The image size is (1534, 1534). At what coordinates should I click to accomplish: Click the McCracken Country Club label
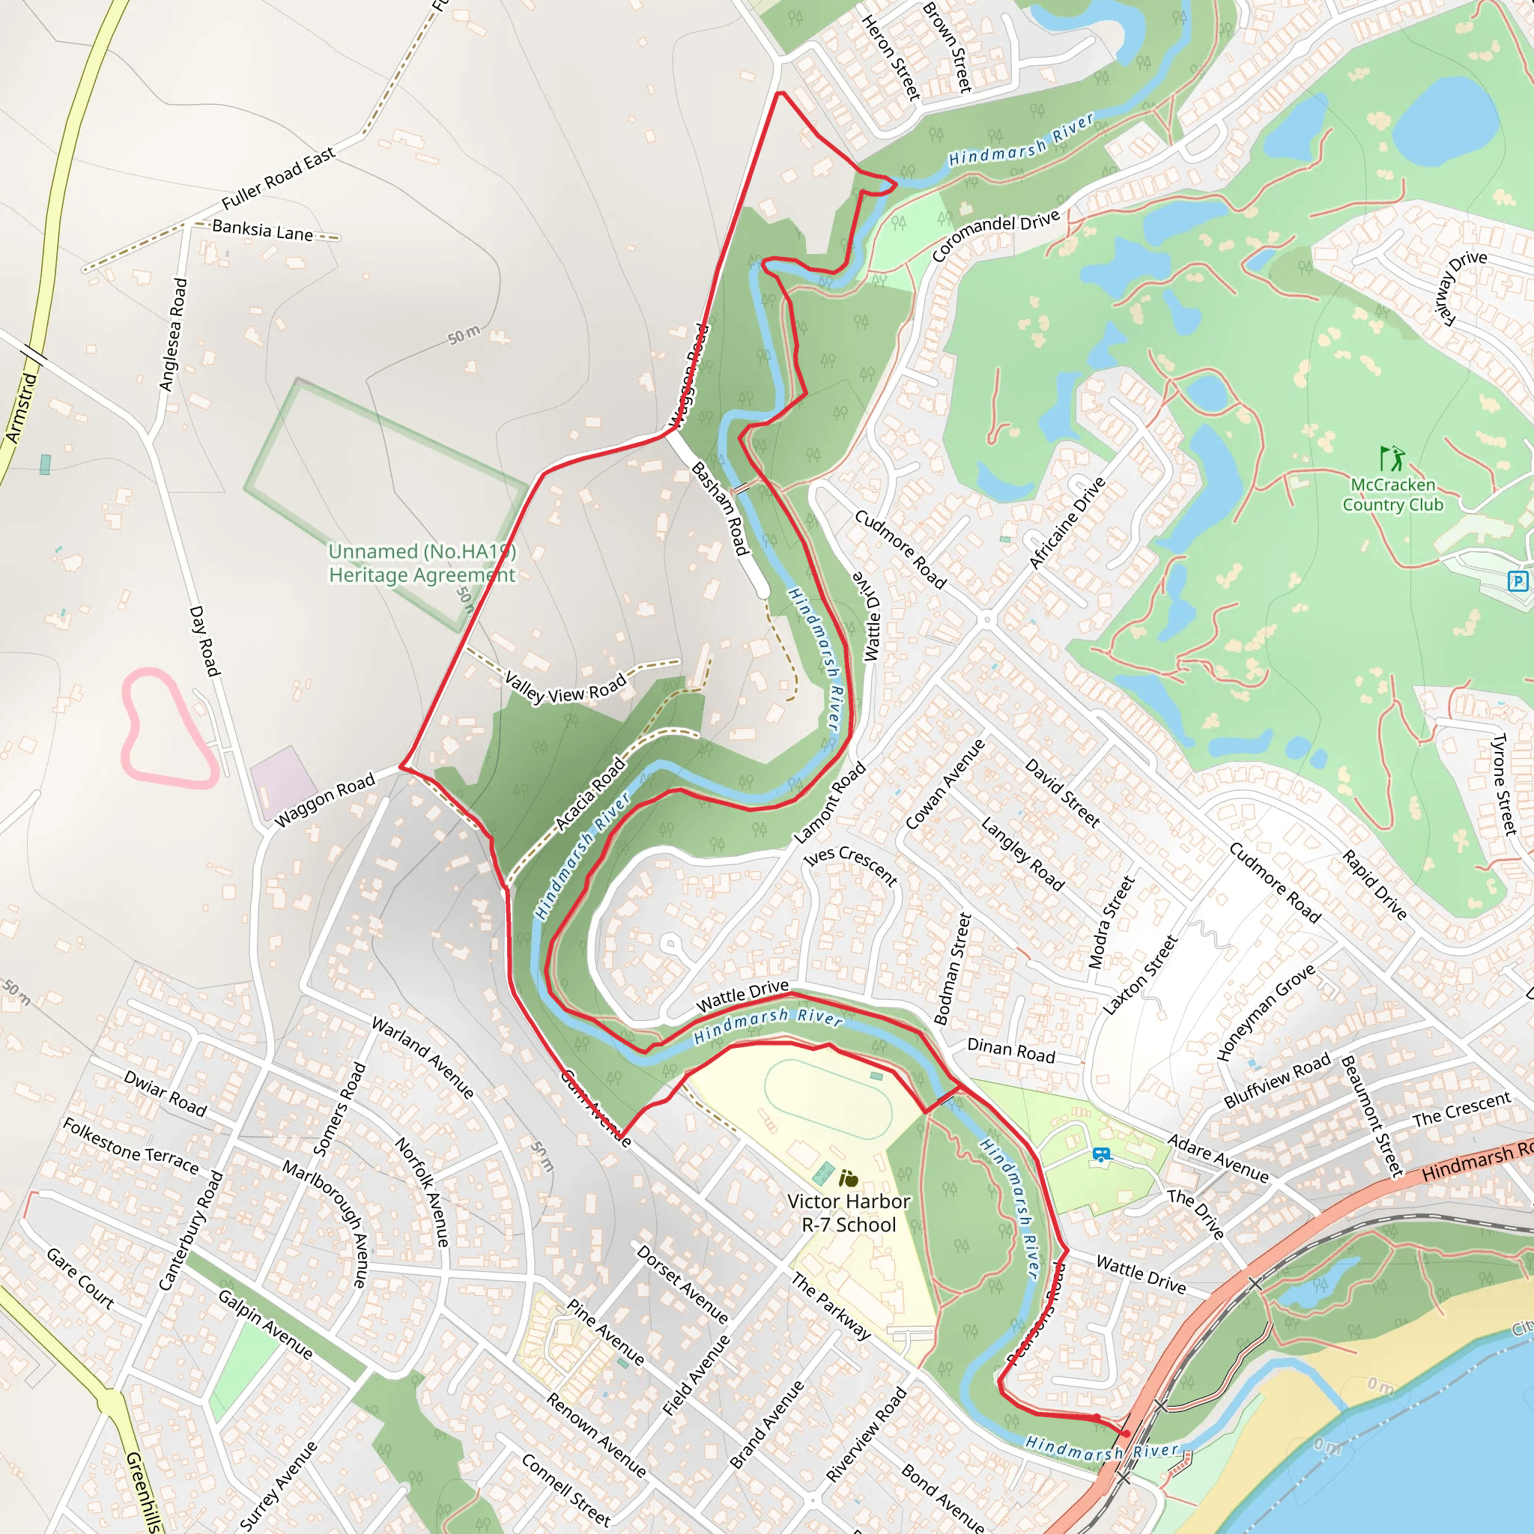click(x=1392, y=494)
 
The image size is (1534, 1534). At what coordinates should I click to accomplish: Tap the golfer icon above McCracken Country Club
click(x=1391, y=458)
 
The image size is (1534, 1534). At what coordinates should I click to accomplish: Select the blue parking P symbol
click(x=1518, y=581)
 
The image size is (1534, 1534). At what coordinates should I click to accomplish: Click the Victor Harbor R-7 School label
click(x=848, y=1213)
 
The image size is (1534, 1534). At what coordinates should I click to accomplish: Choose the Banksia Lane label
click(x=263, y=231)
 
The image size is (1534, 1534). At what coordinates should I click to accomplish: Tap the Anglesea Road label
click(x=173, y=334)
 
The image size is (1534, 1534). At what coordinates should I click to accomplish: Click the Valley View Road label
click(x=566, y=688)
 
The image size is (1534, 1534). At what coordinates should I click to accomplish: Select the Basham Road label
click(x=719, y=508)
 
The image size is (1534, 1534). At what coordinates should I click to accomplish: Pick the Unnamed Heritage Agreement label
click(x=422, y=563)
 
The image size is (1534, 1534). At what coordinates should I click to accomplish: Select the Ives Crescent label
click(x=850, y=864)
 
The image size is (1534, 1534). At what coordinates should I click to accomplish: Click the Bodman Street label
click(x=952, y=968)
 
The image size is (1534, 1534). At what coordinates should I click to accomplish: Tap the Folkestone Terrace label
click(x=131, y=1146)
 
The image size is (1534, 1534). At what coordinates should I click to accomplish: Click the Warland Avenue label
click(x=423, y=1058)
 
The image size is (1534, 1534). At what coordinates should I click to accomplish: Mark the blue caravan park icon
click(x=1100, y=1155)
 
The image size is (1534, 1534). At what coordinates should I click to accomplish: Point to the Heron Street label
click(x=891, y=58)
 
